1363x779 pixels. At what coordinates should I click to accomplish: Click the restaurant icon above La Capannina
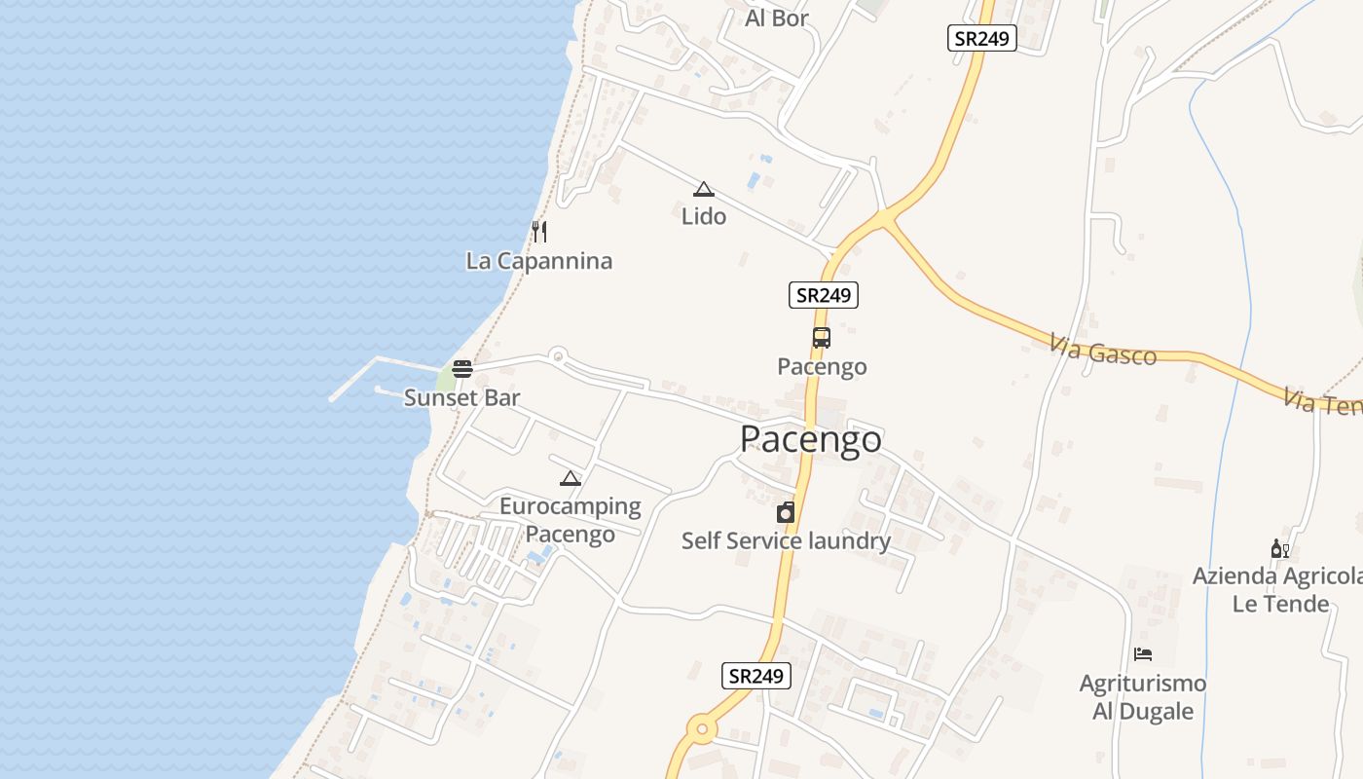point(539,232)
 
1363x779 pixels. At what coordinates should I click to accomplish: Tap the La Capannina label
point(539,261)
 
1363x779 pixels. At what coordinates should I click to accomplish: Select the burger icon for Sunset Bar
point(462,369)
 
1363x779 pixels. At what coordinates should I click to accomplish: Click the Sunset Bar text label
point(462,397)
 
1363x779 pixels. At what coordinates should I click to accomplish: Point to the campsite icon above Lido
point(704,189)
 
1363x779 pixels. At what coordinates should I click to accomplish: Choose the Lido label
point(704,216)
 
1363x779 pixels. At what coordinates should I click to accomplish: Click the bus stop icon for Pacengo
point(822,338)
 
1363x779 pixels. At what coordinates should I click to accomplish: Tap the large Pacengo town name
point(811,439)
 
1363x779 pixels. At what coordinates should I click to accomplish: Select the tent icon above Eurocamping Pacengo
point(571,478)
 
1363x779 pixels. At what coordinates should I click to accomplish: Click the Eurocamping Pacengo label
point(571,520)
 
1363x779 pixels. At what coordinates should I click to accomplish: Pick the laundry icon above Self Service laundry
point(786,512)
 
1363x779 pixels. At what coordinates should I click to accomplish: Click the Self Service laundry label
point(786,540)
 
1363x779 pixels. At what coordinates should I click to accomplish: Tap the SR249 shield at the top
point(981,38)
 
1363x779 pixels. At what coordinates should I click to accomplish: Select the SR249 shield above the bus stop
point(824,295)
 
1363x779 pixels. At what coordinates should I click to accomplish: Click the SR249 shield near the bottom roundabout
point(756,676)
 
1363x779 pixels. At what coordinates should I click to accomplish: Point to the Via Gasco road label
point(1103,350)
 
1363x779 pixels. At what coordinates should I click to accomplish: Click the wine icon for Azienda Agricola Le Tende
point(1279,549)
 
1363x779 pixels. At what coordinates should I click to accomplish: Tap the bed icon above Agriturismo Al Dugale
point(1143,654)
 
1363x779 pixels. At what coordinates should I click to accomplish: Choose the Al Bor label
point(777,18)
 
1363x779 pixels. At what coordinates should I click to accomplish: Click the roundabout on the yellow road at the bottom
point(702,728)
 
